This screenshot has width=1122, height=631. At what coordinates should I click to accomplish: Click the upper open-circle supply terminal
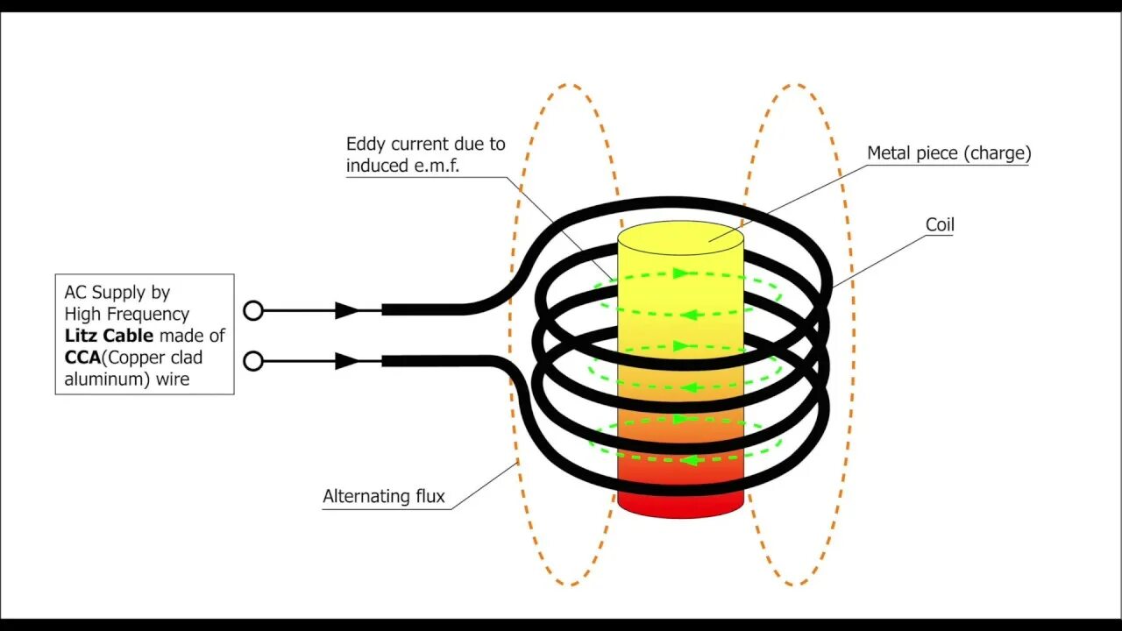pos(253,310)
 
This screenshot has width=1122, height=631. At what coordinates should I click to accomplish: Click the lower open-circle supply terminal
pos(253,361)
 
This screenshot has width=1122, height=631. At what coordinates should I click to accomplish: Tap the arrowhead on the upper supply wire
pos(347,310)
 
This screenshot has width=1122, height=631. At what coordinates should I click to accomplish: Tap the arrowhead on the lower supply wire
pos(347,361)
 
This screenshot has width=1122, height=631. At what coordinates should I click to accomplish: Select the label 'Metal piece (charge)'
pos(948,153)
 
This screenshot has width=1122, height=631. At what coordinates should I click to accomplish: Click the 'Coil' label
pos(940,225)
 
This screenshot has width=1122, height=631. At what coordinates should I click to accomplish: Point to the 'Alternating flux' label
pos(384,497)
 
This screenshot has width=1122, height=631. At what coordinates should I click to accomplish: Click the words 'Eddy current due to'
pos(425,144)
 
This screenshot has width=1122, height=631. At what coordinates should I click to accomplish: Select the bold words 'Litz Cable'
pos(109,336)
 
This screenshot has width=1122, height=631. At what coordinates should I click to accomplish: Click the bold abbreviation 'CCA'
pos(83,358)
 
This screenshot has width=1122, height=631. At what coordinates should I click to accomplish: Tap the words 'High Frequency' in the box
pos(126,314)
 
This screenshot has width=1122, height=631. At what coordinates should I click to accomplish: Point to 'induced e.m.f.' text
pos(402,166)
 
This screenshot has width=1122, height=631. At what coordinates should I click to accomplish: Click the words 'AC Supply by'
pos(117,292)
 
